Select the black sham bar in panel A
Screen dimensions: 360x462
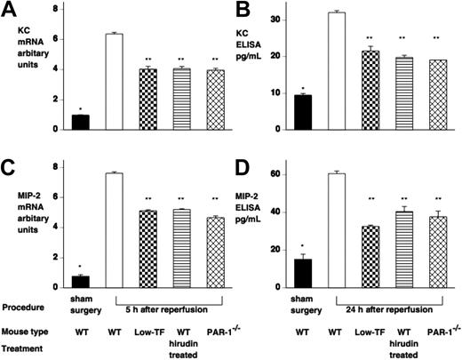[81, 122]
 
